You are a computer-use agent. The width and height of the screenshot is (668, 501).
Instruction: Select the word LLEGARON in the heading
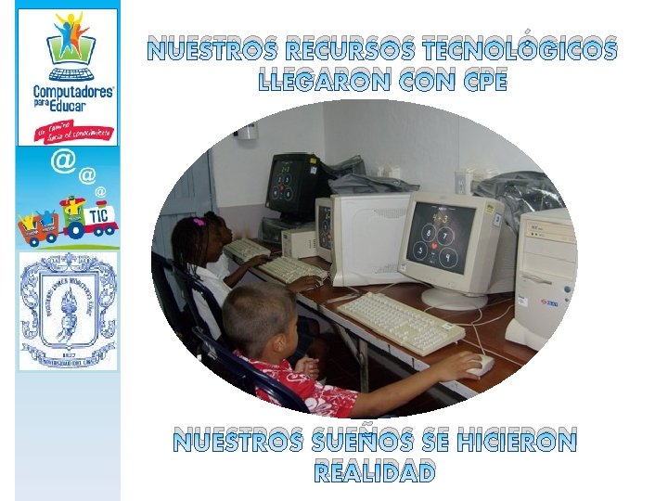click(322, 82)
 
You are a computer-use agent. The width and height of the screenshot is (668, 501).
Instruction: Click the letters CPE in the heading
click(479, 82)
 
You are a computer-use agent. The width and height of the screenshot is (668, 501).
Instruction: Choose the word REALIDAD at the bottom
click(375, 472)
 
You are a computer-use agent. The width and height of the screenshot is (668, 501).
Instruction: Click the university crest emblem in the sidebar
click(68, 311)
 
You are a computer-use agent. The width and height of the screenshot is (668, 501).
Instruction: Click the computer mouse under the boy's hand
click(480, 366)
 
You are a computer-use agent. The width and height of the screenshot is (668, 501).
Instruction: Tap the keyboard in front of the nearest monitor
click(400, 321)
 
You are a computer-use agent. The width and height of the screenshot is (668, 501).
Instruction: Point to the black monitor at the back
click(290, 186)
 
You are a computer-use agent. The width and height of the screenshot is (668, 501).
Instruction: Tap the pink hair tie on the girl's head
click(199, 223)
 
